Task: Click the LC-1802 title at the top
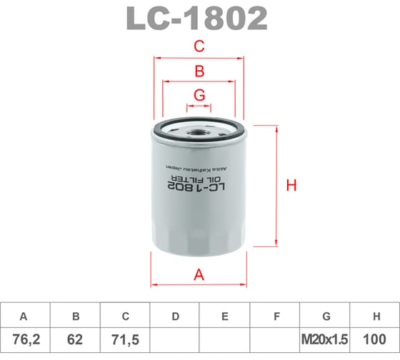197,19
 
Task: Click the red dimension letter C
200,47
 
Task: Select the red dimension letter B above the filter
200,71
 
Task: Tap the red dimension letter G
200,95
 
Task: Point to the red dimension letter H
291,186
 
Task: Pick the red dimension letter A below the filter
200,274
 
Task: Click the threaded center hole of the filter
199,132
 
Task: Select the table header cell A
25,316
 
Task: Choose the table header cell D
175,316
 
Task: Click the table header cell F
275,316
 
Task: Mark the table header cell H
375,316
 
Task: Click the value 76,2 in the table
25,342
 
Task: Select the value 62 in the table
75,342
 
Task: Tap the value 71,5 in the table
125,342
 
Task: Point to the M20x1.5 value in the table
325,342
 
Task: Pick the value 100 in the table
375,342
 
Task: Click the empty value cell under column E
225,342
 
